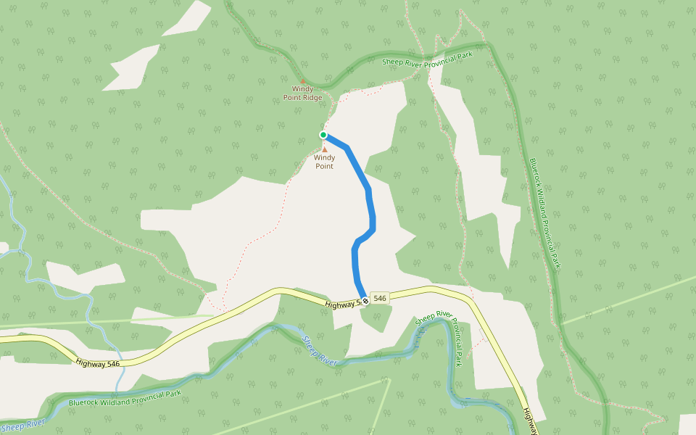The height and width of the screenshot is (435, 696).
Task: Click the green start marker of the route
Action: pyautogui.click(x=323, y=135)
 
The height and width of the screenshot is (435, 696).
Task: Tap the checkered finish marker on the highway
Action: pyautogui.click(x=366, y=300)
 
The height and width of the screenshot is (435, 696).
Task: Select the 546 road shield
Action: pyautogui.click(x=381, y=298)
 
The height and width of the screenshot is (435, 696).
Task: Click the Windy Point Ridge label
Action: pyautogui.click(x=302, y=93)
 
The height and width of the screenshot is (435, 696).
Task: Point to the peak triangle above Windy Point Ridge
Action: pyautogui.click(x=302, y=80)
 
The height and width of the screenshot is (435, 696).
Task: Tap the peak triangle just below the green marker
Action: pyautogui.click(x=325, y=149)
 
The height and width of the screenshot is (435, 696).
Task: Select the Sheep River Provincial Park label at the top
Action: pyautogui.click(x=427, y=58)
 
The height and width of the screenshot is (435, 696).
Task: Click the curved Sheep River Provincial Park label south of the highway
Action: pyautogui.click(x=442, y=333)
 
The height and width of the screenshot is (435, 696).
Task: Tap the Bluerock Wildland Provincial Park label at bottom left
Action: pyautogui.click(x=124, y=397)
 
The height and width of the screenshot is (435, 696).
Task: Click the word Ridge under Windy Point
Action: pyautogui.click(x=312, y=97)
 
